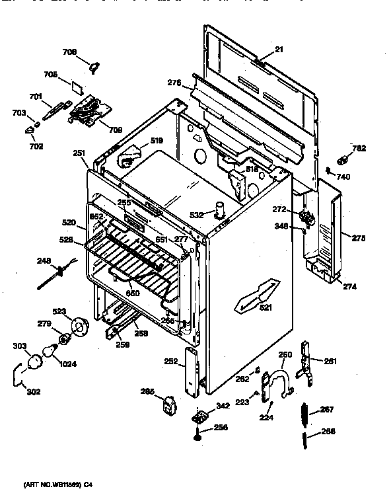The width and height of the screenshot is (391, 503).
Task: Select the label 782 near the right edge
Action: (x=358, y=148)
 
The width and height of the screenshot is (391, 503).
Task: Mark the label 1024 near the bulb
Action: (x=66, y=362)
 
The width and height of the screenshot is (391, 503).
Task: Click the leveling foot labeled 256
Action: (x=198, y=436)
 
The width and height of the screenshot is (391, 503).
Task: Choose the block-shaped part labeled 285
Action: (x=169, y=404)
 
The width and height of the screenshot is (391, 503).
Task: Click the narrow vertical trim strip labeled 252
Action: (x=192, y=372)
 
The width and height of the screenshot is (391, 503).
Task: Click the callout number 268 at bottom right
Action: (x=328, y=432)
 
